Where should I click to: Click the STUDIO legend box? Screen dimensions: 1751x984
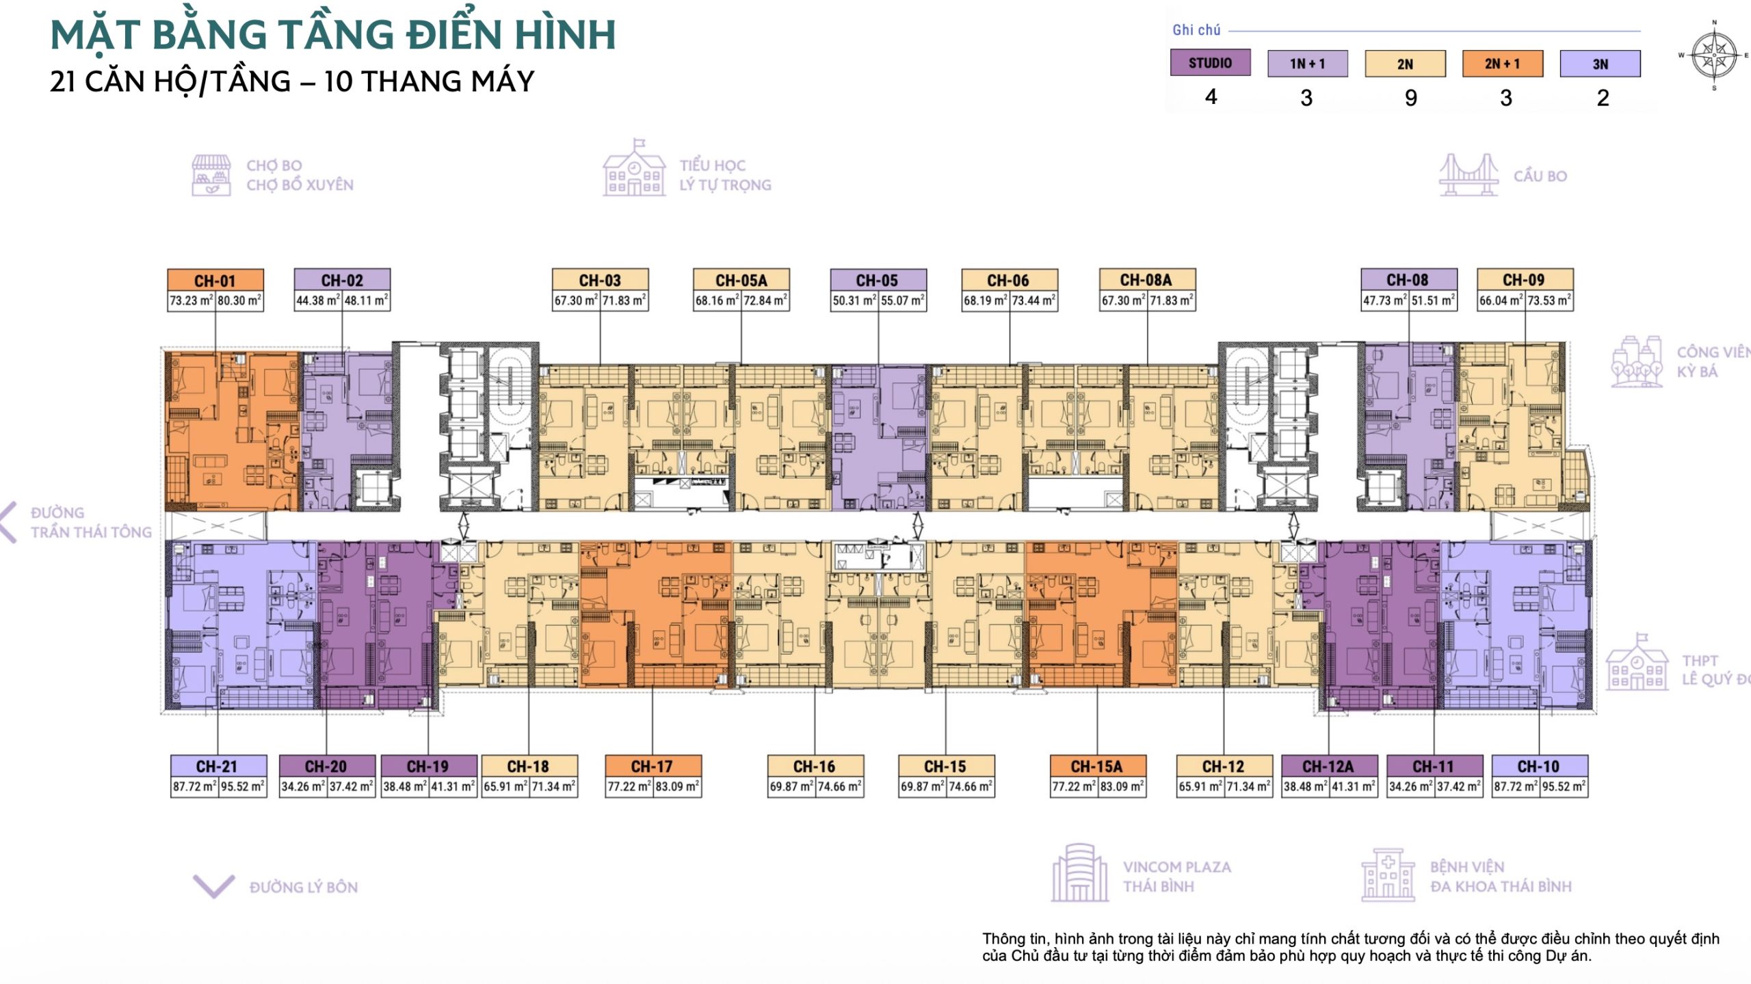click(x=1210, y=63)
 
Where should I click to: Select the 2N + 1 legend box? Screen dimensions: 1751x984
click(x=1502, y=64)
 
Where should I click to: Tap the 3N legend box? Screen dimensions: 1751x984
click(x=1600, y=64)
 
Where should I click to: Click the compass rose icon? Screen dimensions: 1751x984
click(x=1714, y=55)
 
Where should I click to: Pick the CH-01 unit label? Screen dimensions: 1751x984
click(x=215, y=281)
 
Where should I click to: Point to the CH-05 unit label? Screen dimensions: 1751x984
click(x=878, y=281)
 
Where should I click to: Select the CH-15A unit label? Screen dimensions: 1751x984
click(x=1098, y=766)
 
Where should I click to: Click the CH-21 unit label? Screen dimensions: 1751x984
click(x=218, y=766)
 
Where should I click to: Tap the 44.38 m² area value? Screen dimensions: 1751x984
click(x=318, y=300)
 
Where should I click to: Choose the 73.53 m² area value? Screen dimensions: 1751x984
click(x=1549, y=300)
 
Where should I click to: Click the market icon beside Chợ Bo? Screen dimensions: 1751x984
click(x=211, y=175)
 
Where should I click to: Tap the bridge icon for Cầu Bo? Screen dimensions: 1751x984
click(x=1469, y=175)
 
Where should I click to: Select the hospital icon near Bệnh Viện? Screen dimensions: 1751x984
click(x=1388, y=874)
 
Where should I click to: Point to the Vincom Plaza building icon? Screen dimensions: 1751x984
click(x=1080, y=872)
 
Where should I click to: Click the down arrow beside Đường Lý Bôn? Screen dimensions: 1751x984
click(x=214, y=885)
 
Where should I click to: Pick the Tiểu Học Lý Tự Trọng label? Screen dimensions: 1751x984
click(x=725, y=175)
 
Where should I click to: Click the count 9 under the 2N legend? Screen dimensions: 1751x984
click(x=1410, y=99)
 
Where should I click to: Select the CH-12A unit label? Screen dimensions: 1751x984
click(x=1328, y=766)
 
